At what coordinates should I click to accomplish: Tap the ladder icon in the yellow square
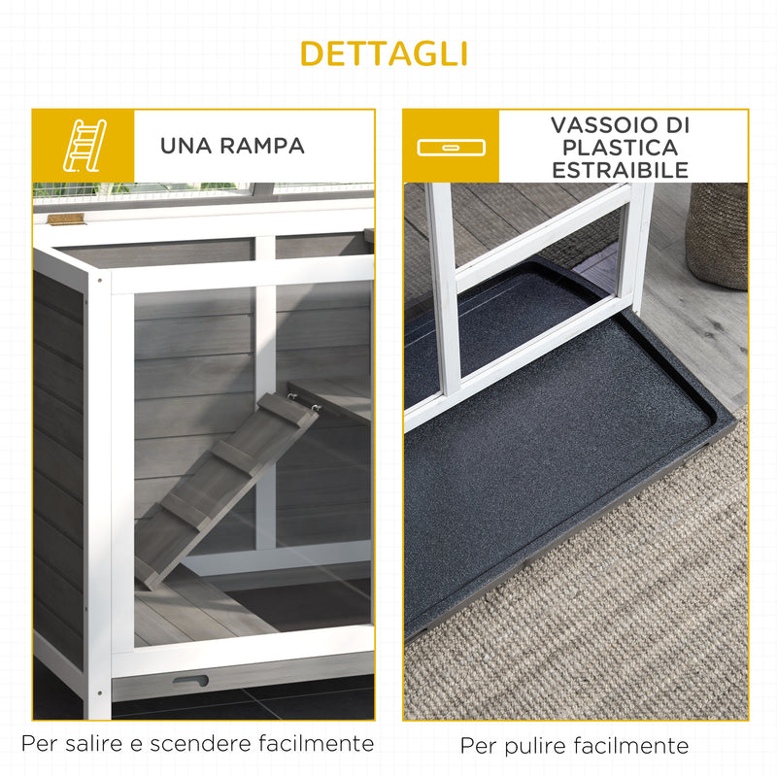83,146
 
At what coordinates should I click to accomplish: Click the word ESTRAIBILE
622,171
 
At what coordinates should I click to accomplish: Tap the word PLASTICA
622,149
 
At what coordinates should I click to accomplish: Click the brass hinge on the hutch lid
66,220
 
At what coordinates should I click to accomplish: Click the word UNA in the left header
186,146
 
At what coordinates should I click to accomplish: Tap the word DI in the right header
670,126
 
